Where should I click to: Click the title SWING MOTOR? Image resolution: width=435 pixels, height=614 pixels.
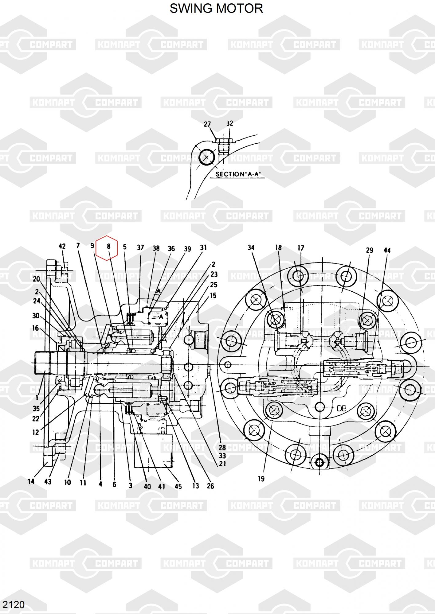216,9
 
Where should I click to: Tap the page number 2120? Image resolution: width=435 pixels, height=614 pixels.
14,604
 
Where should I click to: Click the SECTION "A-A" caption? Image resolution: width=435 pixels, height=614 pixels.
240,174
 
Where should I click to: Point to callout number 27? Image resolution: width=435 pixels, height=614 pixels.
207,124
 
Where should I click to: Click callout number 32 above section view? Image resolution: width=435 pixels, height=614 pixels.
229,123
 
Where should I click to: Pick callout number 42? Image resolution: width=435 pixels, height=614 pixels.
62,246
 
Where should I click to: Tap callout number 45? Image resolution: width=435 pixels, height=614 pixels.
178,486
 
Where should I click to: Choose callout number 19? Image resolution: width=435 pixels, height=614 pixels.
261,479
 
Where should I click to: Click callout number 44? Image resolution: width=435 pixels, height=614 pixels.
387,250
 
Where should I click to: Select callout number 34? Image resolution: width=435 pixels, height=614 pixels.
251,247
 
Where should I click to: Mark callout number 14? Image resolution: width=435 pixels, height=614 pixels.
31,481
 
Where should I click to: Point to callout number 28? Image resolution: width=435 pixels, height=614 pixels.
222,448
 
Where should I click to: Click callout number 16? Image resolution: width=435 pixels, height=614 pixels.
36,328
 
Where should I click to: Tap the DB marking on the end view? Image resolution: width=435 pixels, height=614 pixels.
342,408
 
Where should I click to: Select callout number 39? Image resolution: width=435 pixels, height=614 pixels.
187,249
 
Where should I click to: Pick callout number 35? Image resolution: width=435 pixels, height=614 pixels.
36,408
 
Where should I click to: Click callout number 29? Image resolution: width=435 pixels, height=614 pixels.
370,250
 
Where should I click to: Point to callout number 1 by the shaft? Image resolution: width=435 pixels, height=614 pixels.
37,398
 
